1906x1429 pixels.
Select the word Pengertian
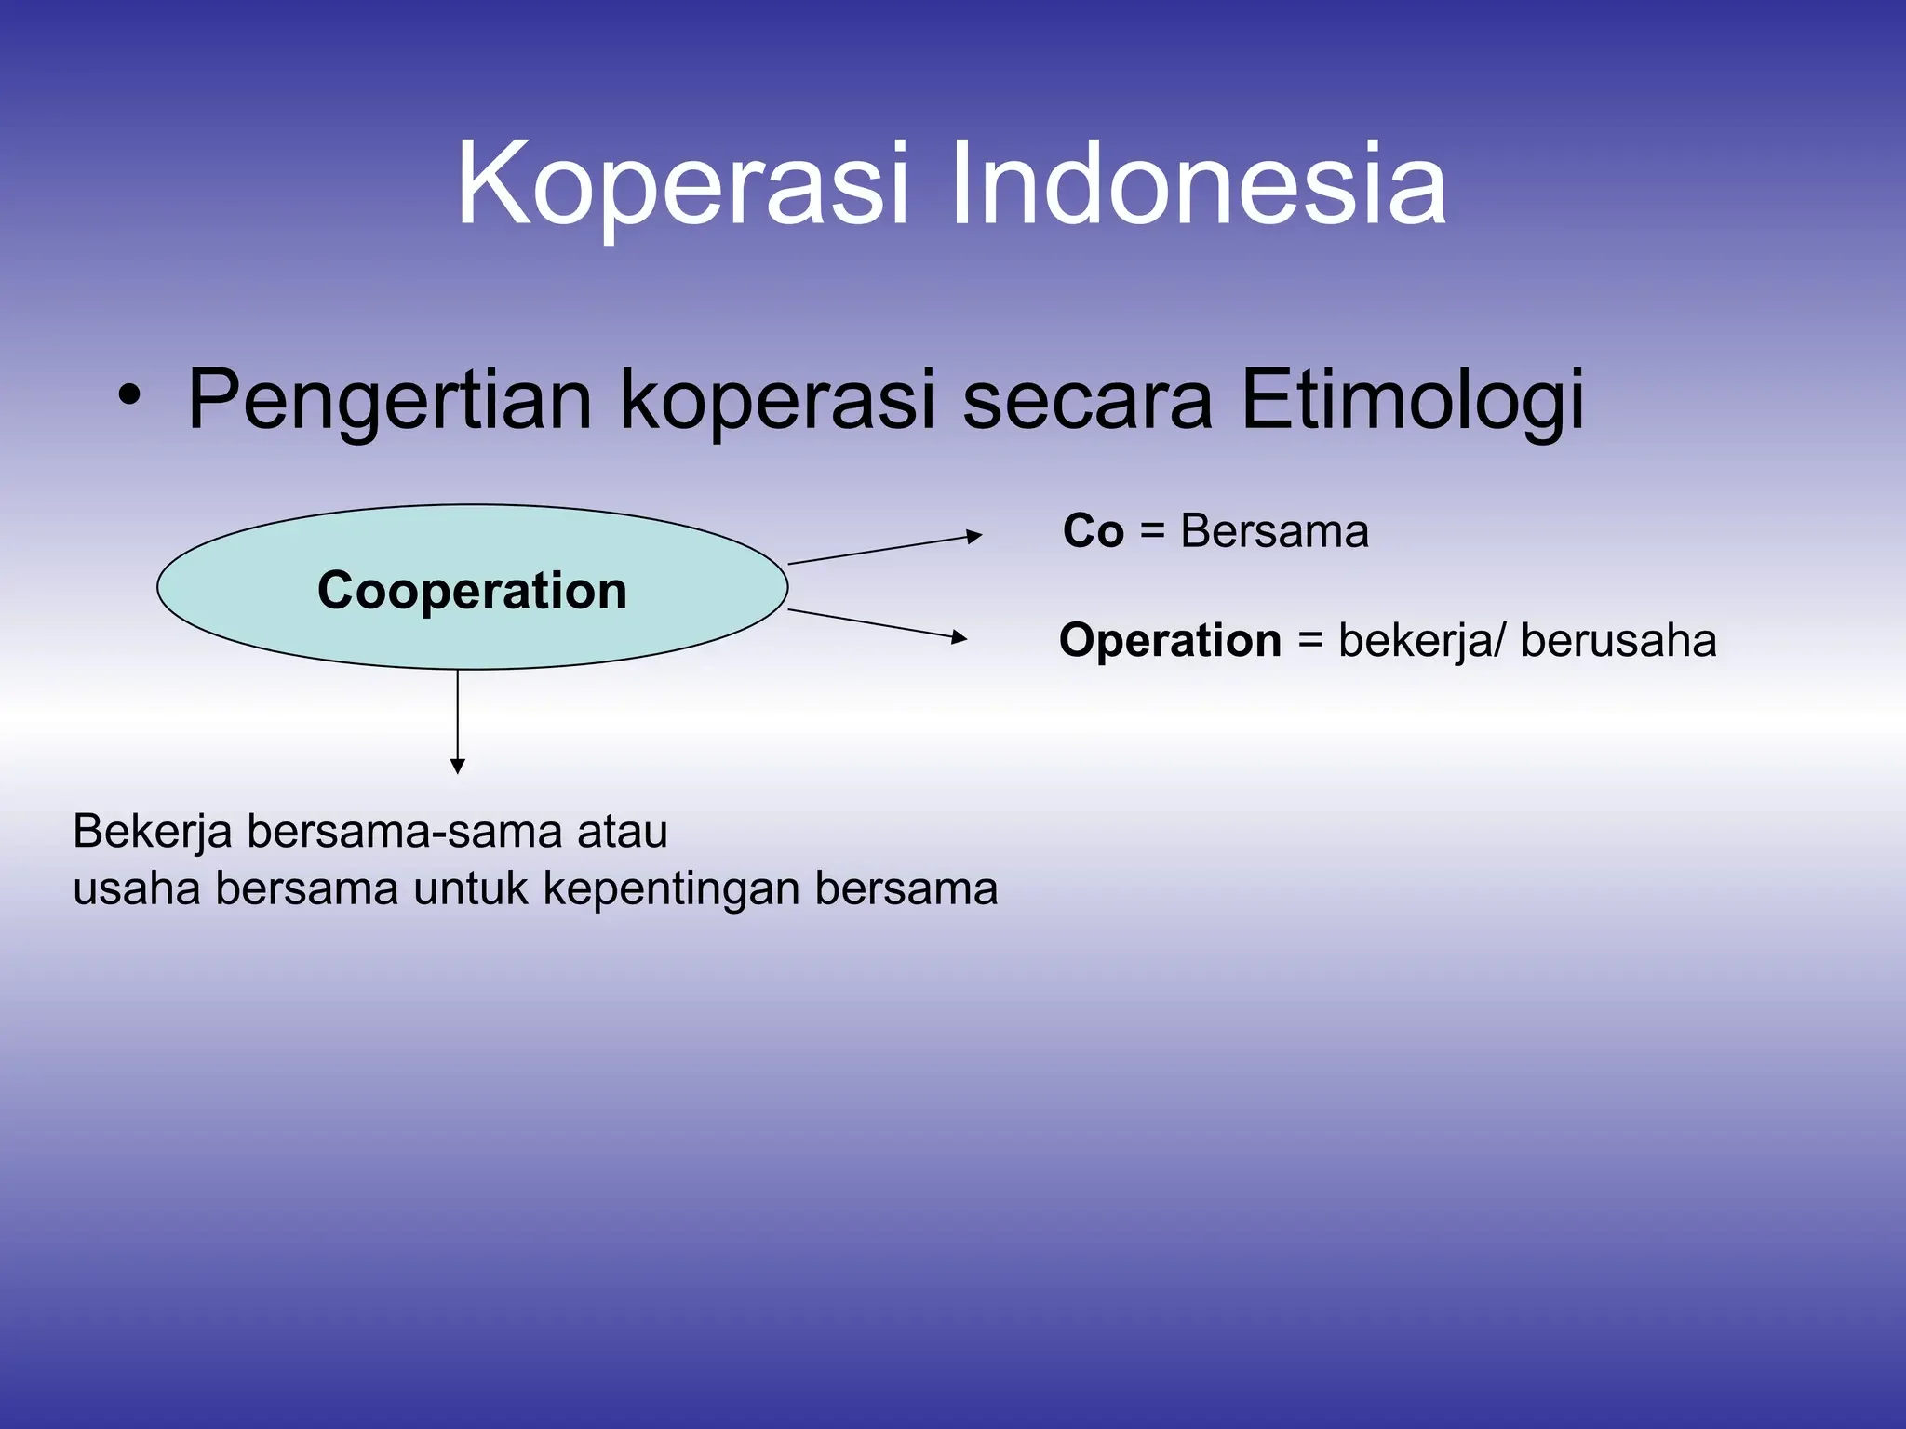click(389, 401)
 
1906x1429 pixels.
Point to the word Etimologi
click(1412, 401)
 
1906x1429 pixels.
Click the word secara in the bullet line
click(1087, 401)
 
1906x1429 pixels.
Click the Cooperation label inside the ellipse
click(472, 591)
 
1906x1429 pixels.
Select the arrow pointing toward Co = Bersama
click(884, 549)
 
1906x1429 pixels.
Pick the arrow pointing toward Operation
click(878, 624)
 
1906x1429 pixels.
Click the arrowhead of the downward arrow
click(457, 766)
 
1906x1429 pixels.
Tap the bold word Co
click(1094, 531)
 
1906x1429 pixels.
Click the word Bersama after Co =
click(1274, 531)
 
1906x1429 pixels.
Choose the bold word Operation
click(1170, 641)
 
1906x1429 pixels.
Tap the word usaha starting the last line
click(136, 888)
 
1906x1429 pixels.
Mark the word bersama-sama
click(404, 831)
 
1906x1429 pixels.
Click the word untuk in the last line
click(471, 888)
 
